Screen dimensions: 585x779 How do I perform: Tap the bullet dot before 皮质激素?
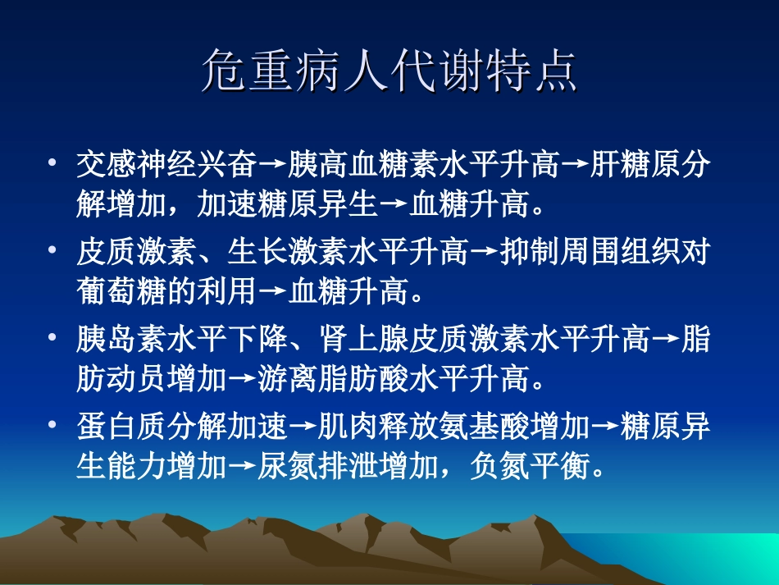[x=53, y=250]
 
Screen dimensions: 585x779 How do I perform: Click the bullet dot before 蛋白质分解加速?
[x=53, y=426]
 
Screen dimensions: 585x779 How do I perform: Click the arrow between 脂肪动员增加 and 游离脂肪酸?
[x=242, y=381]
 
